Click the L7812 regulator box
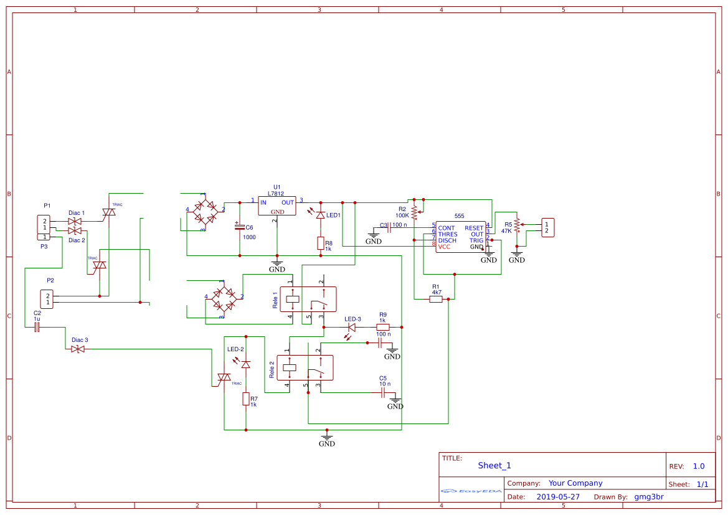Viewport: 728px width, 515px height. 277,206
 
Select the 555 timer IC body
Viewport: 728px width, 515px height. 460,237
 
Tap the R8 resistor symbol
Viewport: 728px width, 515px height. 321,243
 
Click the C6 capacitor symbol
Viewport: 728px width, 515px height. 239,227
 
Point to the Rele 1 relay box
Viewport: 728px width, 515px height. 308,299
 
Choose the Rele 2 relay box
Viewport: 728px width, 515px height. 305,367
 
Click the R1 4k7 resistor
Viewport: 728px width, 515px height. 436,299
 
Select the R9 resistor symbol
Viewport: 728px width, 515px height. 383,327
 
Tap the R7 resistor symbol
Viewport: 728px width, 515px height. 246,399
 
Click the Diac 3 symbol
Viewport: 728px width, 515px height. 78,349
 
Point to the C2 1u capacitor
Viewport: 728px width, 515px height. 37,326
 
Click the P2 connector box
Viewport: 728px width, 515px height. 47,298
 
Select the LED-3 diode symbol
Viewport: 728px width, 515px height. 352,327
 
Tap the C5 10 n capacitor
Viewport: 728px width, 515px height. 383,392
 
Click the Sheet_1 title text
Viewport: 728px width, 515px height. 494,465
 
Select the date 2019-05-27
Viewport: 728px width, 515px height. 558,497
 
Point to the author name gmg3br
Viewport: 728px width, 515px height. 649,497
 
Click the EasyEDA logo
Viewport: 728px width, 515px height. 471,491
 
